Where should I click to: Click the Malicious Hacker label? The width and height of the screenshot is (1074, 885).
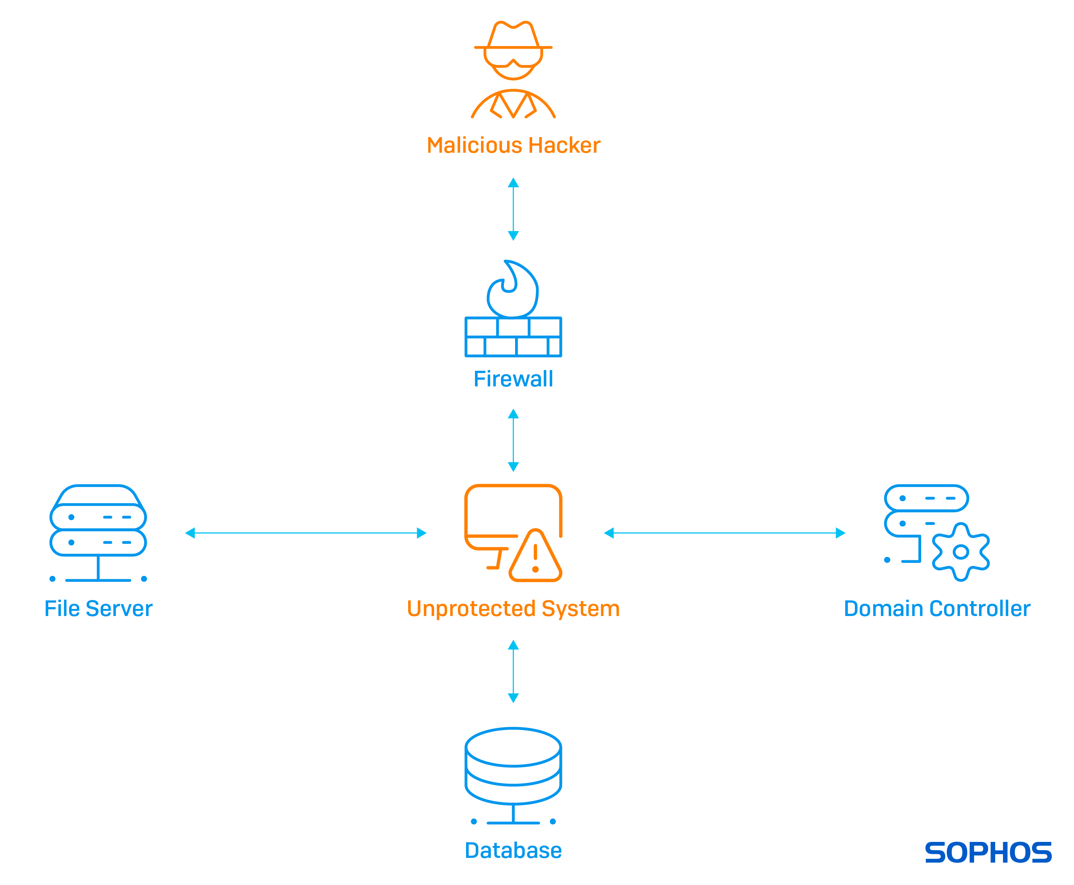[x=513, y=145]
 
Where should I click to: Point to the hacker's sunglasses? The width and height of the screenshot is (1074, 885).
[x=513, y=57]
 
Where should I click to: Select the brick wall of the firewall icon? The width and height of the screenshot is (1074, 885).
[x=513, y=337]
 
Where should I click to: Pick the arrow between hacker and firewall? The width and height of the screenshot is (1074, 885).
[x=513, y=209]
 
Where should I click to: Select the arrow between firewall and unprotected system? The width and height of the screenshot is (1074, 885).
[x=513, y=440]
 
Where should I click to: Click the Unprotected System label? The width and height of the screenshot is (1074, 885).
[x=513, y=609]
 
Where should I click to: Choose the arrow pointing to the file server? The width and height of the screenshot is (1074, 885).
[x=306, y=533]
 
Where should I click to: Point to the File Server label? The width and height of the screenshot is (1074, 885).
[x=98, y=609]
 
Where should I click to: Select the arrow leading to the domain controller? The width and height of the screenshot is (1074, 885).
[x=725, y=533]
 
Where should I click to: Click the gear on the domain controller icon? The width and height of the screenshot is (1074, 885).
[x=960, y=552]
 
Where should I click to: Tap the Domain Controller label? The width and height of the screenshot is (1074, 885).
[x=937, y=609]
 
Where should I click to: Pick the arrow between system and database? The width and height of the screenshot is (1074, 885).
[x=513, y=671]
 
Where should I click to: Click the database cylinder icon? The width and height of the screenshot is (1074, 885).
[x=513, y=767]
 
